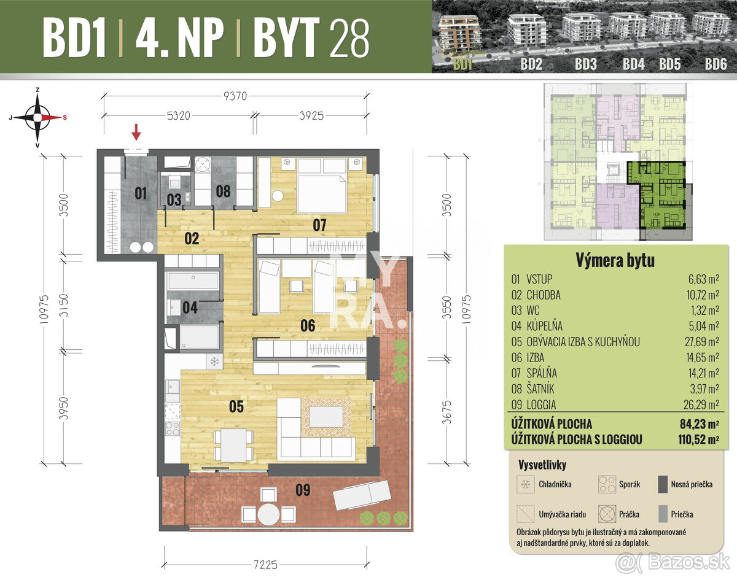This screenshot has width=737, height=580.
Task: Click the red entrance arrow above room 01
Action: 137,131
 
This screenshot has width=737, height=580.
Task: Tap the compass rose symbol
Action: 38,116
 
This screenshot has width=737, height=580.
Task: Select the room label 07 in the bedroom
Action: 319,225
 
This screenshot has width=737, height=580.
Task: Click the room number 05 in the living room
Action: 236,406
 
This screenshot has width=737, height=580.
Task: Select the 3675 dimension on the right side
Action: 447,415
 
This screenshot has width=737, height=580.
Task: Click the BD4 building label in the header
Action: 633,64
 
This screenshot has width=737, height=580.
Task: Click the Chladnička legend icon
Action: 526,484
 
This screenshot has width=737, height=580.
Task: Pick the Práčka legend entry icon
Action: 607,514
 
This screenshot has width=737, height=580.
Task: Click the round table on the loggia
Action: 268,515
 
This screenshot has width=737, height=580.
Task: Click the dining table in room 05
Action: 233,444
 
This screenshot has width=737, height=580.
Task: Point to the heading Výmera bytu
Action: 615,260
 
